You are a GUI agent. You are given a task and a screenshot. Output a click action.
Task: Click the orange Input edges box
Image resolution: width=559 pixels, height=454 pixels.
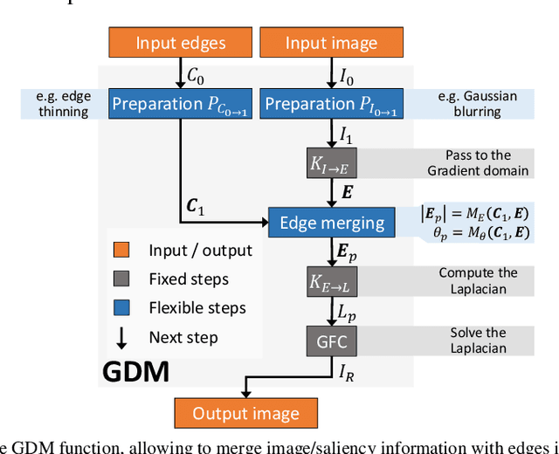(180, 43)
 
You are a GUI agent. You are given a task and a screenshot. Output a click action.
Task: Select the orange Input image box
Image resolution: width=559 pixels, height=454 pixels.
(331, 43)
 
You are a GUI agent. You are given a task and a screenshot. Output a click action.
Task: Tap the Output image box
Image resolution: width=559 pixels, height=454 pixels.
(245, 413)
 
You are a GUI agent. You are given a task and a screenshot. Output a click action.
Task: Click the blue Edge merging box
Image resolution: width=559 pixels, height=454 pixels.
(331, 223)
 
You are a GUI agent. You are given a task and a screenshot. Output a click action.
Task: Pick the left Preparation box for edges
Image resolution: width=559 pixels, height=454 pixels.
(180, 104)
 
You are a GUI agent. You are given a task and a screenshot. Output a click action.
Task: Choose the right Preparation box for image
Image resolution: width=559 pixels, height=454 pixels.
(331, 104)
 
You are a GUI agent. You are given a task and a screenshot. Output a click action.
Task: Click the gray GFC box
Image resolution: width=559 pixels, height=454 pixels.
(331, 339)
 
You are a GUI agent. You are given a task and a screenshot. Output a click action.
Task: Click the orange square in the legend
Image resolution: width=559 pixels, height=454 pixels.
(122, 251)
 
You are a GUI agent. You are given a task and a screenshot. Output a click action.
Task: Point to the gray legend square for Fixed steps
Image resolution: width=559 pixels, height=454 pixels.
(122, 279)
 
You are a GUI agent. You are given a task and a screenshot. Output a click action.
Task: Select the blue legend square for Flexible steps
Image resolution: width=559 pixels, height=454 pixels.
(122, 308)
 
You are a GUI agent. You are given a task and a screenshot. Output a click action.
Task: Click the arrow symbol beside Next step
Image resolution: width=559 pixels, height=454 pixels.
(122, 337)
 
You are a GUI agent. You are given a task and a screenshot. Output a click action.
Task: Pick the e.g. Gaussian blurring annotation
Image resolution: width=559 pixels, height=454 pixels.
(477, 104)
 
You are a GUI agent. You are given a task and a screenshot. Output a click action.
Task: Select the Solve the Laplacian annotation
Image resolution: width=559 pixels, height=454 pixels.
(478, 340)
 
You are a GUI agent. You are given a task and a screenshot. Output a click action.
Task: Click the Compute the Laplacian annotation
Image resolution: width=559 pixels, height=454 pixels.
(478, 281)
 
